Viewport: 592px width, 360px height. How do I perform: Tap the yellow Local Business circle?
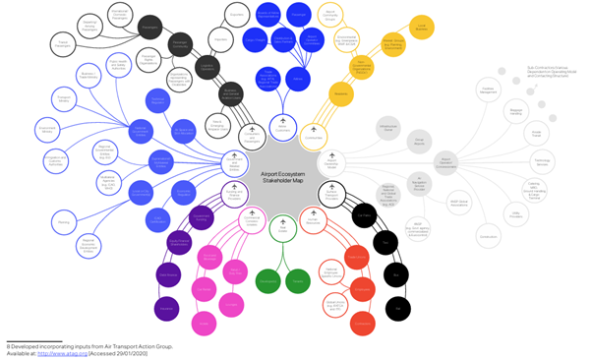(x=422, y=30)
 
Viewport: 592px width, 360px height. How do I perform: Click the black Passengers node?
(x=149, y=28)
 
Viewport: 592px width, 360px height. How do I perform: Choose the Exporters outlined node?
(x=236, y=16)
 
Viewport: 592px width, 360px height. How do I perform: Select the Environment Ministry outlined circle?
(x=46, y=128)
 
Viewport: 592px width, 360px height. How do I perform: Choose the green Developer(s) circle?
(x=267, y=282)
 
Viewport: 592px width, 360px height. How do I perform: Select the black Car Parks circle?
(x=363, y=215)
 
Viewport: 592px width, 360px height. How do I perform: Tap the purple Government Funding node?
(x=202, y=218)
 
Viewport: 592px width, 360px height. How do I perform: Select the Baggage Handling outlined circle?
(x=516, y=112)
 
